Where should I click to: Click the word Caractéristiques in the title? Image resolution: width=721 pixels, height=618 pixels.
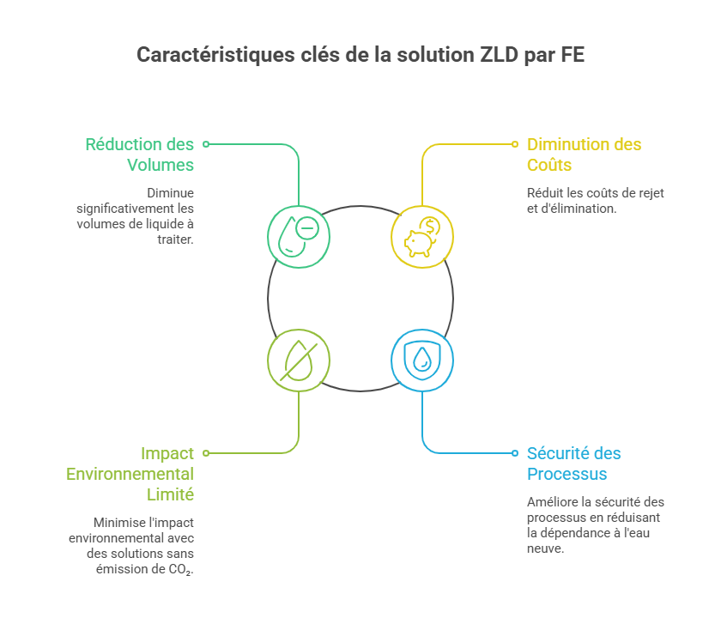coord(215,55)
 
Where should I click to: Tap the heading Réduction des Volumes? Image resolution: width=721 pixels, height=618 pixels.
coord(140,154)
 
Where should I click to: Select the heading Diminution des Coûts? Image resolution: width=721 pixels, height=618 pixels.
coord(584,154)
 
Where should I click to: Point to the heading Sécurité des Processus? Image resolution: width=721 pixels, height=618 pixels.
coord(574,463)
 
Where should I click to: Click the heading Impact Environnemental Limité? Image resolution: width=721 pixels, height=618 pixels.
coord(130,474)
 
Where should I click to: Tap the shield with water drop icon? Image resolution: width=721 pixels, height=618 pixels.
coord(422,360)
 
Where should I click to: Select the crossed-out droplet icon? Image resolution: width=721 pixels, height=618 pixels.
coord(299,361)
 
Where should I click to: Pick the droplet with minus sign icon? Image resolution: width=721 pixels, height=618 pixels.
coord(299,237)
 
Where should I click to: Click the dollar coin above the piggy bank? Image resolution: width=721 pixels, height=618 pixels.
coord(430,227)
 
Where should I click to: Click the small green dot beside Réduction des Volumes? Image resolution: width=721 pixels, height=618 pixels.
coord(207,144)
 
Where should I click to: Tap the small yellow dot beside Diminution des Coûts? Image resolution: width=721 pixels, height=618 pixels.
coord(515,144)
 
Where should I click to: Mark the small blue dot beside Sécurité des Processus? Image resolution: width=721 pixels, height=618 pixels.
coord(515,453)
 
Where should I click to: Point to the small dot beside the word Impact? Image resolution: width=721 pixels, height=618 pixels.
coord(207,453)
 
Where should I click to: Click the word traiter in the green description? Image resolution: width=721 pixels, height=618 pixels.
coord(174,239)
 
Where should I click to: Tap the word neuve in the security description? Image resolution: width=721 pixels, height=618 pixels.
coord(544,548)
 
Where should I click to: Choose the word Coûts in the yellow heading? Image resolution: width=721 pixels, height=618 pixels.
coord(549,165)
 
